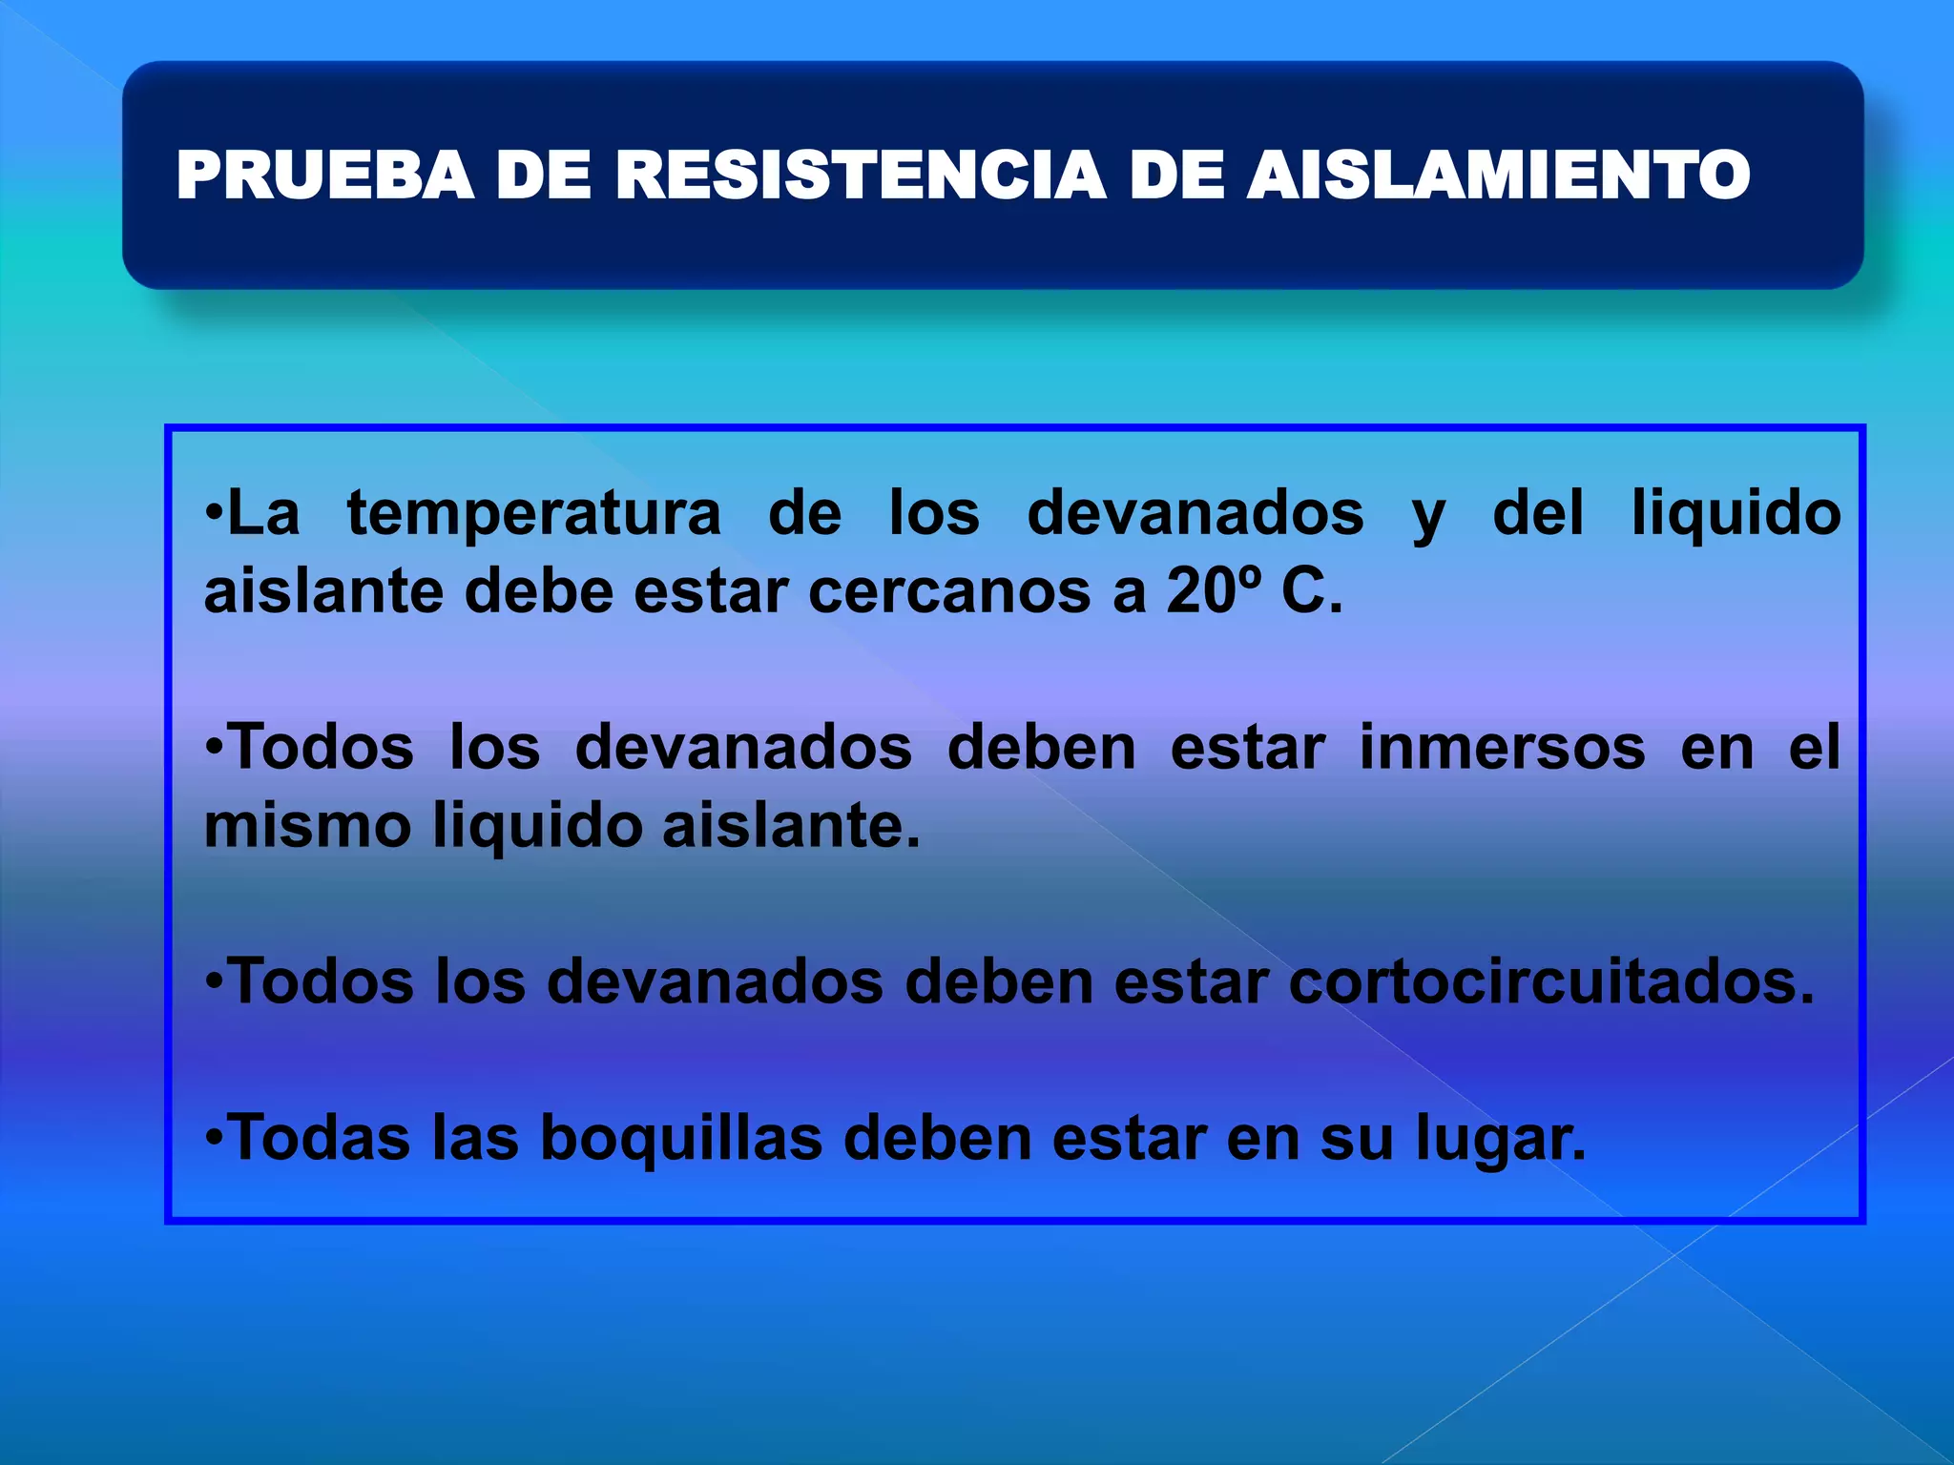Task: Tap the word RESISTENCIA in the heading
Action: tap(861, 176)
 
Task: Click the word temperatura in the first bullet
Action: tap(533, 513)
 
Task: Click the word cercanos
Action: tap(948, 591)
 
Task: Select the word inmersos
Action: tap(1502, 747)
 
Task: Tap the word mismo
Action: tap(307, 825)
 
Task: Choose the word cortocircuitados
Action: tap(1550, 981)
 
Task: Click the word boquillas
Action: tap(680, 1138)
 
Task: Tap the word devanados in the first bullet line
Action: tap(1195, 513)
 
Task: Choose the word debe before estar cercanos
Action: tap(538, 591)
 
